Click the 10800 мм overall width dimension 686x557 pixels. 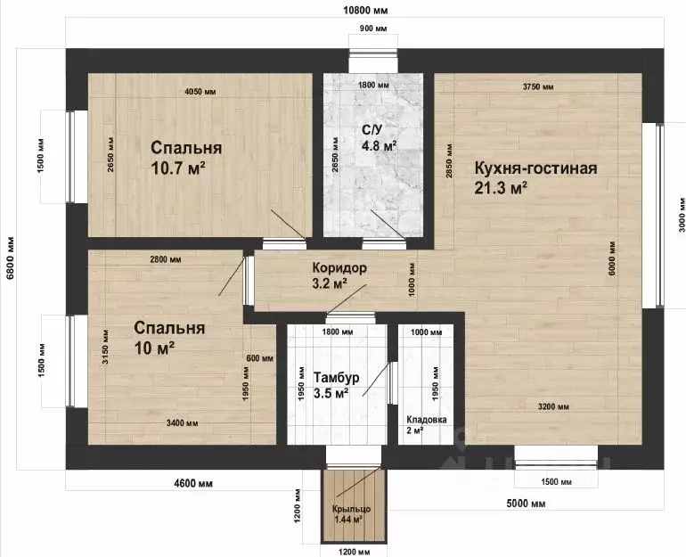click(x=366, y=10)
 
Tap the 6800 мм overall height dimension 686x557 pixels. click(x=11, y=258)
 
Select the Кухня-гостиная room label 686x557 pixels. click(x=536, y=168)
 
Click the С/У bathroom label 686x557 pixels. click(x=372, y=130)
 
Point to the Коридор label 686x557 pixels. click(x=339, y=267)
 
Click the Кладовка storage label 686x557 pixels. click(x=427, y=420)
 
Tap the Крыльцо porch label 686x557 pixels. click(x=351, y=509)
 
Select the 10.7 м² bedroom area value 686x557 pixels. click(x=178, y=168)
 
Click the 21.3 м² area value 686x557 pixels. click(x=501, y=188)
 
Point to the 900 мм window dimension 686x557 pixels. click(x=373, y=29)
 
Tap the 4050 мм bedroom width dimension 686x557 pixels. click(x=200, y=92)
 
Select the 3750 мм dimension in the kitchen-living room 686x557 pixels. click(x=538, y=86)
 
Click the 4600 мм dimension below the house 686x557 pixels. click(x=193, y=484)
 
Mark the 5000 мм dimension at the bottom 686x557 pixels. click(x=526, y=504)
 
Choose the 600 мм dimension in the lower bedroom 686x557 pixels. click(x=260, y=358)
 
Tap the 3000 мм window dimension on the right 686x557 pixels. click(x=682, y=221)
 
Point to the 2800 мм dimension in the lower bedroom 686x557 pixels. click(x=166, y=259)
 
